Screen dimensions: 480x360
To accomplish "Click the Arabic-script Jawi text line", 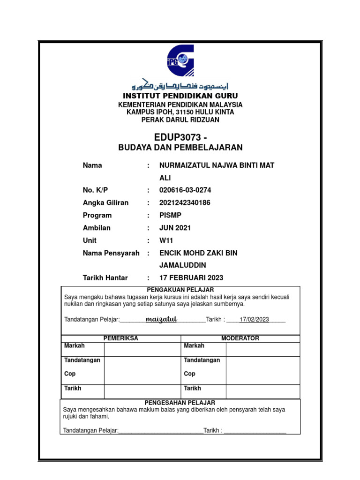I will point(180,85).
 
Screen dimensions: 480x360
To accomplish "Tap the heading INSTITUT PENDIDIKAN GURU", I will point(180,96).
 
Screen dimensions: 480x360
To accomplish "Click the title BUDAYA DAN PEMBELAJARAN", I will point(180,148).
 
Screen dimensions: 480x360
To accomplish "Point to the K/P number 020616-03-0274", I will point(185,190).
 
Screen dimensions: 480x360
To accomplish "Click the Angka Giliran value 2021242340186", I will point(185,203).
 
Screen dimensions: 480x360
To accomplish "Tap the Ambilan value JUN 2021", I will point(175,228).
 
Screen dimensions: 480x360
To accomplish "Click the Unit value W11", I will point(166,240).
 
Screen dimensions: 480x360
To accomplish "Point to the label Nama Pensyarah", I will point(111,253).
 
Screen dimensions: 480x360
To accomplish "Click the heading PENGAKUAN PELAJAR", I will point(180,290).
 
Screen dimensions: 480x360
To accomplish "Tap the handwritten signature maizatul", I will point(161,319).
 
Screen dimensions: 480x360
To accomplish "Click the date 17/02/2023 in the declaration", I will point(254,320).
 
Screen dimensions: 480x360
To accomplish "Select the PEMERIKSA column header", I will point(120,338).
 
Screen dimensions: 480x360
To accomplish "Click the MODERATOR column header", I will point(240,338).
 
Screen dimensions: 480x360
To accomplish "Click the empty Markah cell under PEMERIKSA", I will point(142,349).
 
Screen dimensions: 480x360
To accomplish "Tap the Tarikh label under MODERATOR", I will point(193,389).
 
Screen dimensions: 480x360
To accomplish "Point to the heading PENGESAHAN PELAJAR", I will point(180,403).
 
